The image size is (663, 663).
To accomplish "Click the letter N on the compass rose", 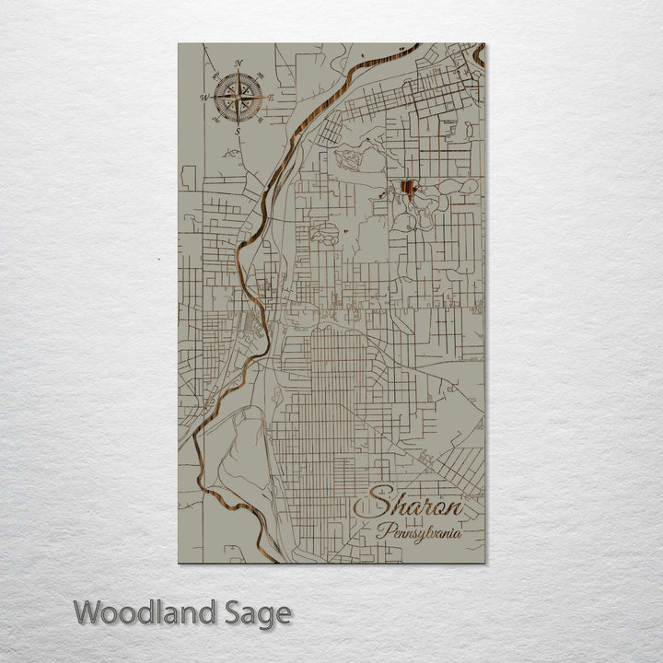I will pos(238,64).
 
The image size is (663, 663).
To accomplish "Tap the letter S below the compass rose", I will pos(238,131).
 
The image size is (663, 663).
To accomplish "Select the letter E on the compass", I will pos(272,98).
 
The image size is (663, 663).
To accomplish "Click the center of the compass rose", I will pos(238,97).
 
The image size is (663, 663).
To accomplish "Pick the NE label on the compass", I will pos(260,75).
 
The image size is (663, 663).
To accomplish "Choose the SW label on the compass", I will pos(216,120).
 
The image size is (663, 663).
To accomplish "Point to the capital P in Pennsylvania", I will pos(381,530).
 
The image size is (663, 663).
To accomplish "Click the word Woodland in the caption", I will pos(145,612).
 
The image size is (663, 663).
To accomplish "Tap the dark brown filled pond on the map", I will pos(407,191).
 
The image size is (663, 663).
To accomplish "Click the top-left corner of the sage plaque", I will pos(179,43).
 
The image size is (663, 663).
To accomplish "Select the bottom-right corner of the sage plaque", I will pos(484,562).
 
